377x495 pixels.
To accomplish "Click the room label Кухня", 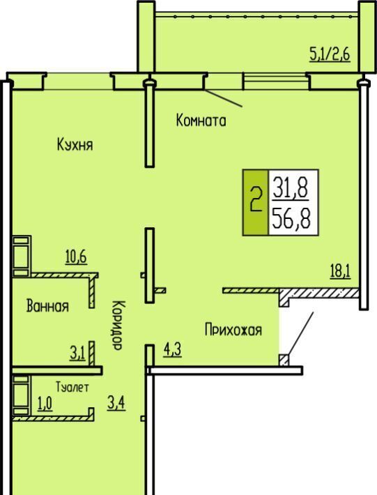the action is pos(75,145).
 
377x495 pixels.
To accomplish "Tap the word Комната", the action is pos(201,121).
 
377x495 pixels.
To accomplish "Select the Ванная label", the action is pos(47,306).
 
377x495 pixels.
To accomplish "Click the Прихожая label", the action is pos(233,330).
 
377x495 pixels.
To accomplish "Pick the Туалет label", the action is pos(72,387).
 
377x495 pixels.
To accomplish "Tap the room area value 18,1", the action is pos(340,271).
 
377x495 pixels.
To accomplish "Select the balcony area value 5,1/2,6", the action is pos(330,54).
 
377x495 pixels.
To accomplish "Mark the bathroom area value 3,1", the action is pos(77,353).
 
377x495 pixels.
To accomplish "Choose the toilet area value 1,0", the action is pos(45,404).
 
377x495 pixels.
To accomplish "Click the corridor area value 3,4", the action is pos(116,403).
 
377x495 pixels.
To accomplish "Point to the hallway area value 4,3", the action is pos(173,350).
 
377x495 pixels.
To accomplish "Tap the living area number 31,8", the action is pos(291,188).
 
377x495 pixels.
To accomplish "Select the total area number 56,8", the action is pos(291,219).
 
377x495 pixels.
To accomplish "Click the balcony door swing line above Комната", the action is pos(224,98).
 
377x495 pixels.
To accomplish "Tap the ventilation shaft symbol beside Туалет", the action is pos(22,395).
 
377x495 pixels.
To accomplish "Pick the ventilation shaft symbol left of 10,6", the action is pos(22,256).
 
